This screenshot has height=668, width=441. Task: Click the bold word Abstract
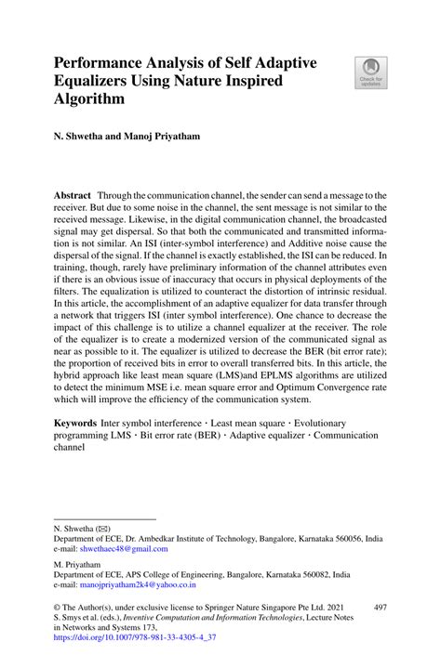[72, 198]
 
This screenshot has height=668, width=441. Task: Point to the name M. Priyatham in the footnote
[79, 563]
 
